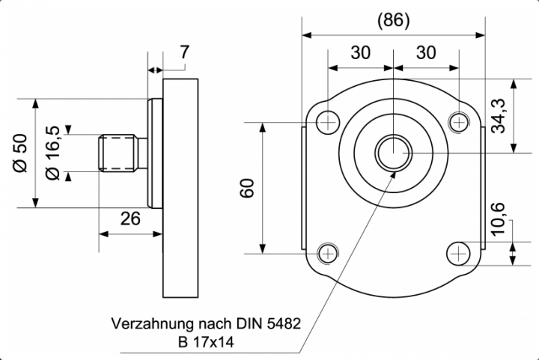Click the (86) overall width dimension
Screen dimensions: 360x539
(393, 20)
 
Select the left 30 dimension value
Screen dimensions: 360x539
(361, 52)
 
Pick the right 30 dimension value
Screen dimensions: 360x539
(426, 52)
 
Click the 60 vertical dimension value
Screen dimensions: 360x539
(248, 188)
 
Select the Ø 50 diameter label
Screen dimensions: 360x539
(21, 153)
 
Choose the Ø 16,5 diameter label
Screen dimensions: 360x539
(52, 153)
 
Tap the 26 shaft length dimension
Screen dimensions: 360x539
(130, 219)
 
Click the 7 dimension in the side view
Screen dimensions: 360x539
(184, 52)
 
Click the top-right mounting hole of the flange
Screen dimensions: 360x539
(457, 120)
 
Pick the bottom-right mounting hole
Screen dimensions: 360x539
(457, 254)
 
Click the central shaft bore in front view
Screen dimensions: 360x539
(392, 153)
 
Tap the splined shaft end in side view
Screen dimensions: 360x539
(120, 153)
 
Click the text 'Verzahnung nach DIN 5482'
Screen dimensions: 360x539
(206, 325)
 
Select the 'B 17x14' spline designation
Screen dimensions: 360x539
(206, 343)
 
